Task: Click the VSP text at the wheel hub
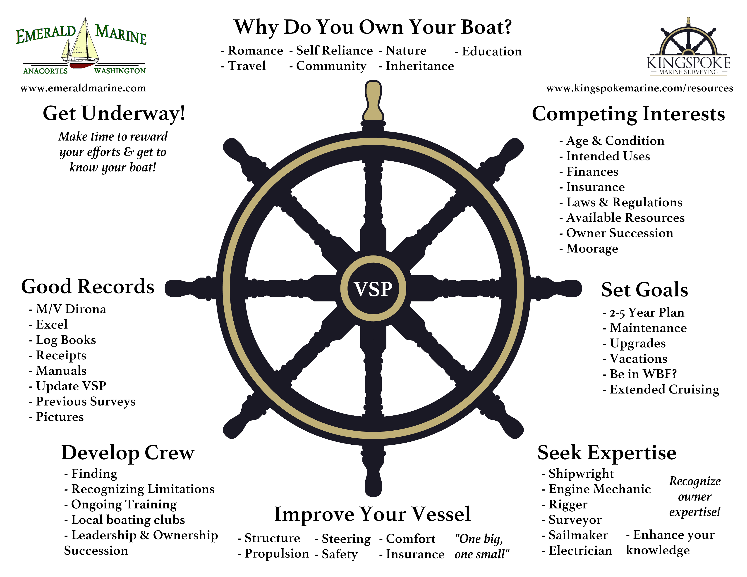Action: (373, 289)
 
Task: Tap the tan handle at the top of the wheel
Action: (373, 101)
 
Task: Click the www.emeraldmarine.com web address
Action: (83, 88)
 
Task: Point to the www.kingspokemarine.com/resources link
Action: (640, 88)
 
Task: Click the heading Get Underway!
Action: (114, 114)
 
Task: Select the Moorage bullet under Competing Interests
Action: (592, 248)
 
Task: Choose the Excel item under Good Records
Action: (52, 324)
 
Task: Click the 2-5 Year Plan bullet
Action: (646, 312)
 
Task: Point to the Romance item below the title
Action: (255, 51)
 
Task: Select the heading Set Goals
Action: (644, 290)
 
